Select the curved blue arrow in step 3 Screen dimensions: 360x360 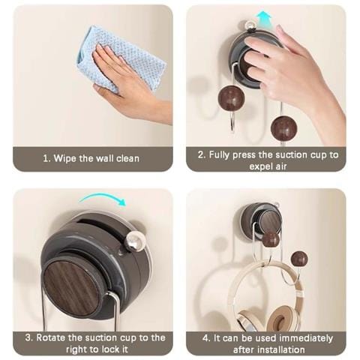point(103,199)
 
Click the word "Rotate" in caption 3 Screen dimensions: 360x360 point(51,337)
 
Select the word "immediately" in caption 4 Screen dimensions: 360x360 point(306,338)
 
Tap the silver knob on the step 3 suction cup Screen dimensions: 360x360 point(136,241)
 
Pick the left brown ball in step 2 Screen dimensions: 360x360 point(230,98)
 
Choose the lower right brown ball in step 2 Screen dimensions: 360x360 point(283,129)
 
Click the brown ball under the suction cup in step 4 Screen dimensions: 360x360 point(271,239)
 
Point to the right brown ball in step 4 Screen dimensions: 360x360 point(299,259)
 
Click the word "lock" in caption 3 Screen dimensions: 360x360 point(112,349)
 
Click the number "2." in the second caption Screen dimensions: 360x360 point(202,155)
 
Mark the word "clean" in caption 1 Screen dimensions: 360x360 point(127,158)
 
